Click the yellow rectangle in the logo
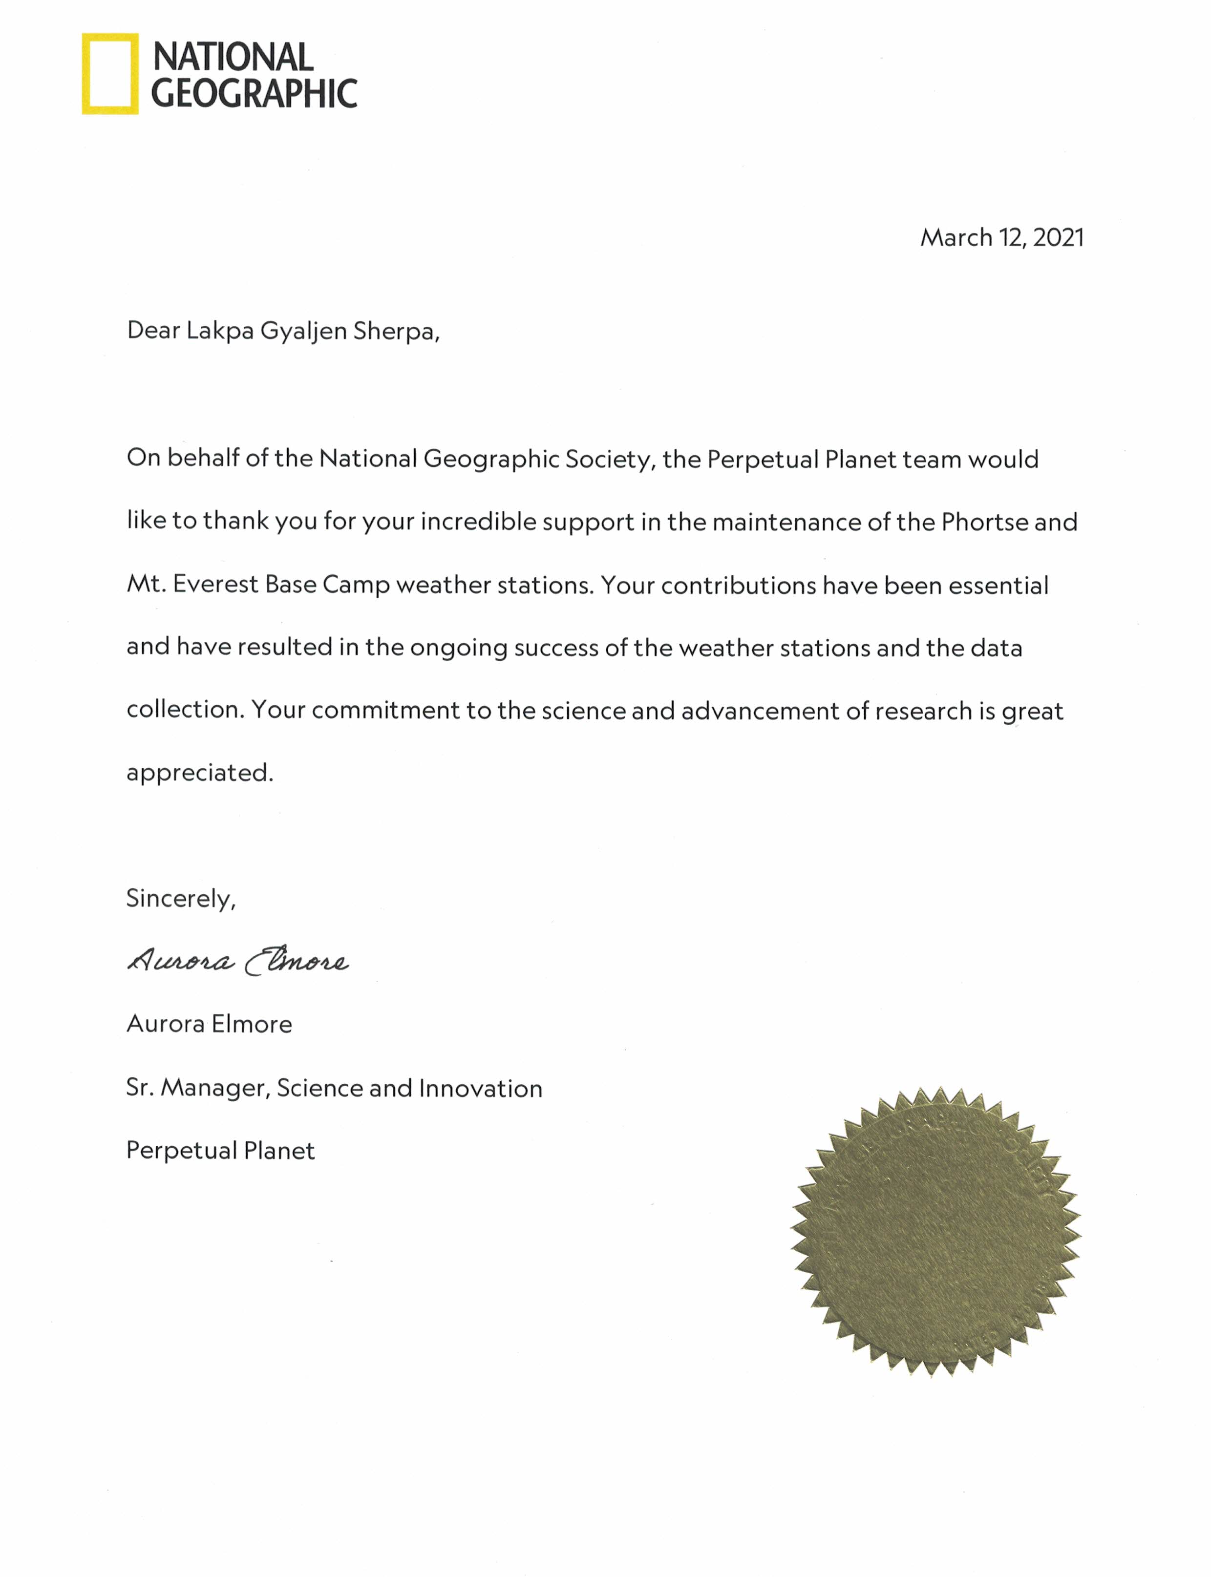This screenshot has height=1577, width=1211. pos(109,74)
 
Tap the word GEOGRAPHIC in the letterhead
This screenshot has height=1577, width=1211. pos(254,94)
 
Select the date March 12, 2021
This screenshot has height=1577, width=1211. pos(1001,237)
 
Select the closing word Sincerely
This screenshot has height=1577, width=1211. pos(180,898)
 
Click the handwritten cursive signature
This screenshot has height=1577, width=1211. pos(238,961)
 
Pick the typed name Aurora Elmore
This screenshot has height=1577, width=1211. pos(209,1024)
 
